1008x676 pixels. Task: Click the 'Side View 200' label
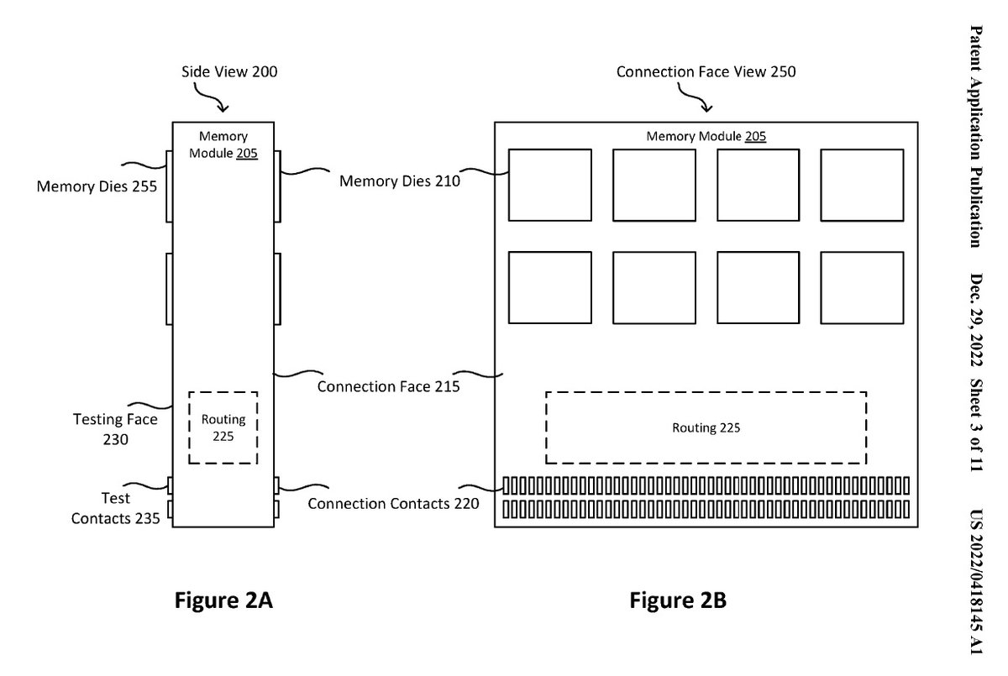pos(229,72)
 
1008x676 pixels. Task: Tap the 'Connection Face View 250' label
pos(706,72)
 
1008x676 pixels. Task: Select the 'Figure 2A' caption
pos(223,600)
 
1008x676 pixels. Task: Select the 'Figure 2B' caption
pos(679,600)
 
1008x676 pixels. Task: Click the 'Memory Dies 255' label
pos(97,186)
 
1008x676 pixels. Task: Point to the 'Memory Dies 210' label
pos(399,181)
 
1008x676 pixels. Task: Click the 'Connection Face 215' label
pos(388,387)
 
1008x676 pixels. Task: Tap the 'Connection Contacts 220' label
pos(393,504)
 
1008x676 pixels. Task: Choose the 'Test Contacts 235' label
pos(115,508)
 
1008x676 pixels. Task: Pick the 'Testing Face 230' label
pos(115,427)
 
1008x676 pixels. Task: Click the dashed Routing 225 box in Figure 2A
pos(223,427)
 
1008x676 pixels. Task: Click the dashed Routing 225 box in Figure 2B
pos(706,427)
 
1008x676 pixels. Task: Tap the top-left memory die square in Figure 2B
pos(550,185)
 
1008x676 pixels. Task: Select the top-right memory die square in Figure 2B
pos(861,185)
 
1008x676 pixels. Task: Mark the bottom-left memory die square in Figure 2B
pos(550,287)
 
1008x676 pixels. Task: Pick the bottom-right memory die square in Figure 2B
pos(861,287)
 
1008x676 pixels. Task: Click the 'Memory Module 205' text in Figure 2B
pos(706,136)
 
